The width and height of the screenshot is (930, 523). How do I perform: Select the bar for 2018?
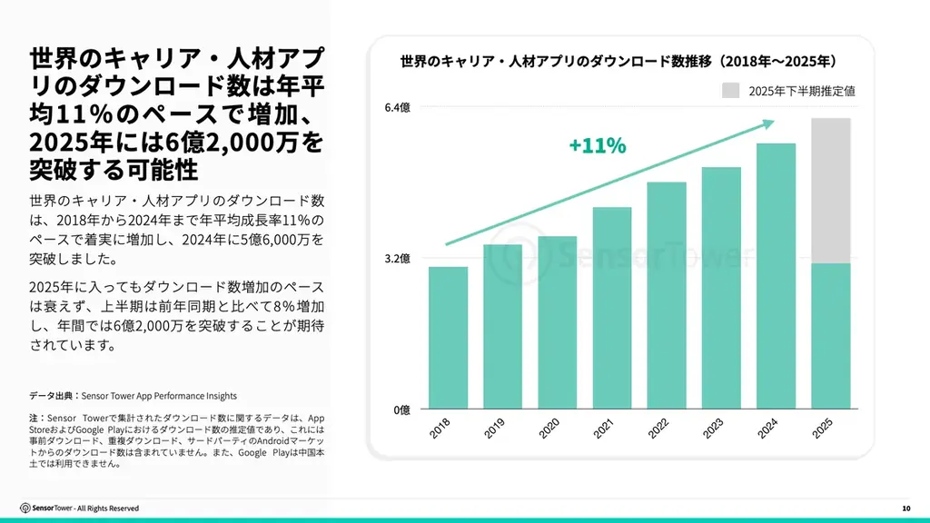pos(449,337)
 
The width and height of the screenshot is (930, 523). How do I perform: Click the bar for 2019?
pos(503,326)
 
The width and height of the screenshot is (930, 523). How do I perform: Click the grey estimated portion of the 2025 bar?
pos(830,191)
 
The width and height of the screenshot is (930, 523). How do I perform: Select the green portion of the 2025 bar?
pos(830,335)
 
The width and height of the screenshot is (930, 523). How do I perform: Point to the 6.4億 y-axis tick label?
pos(398,108)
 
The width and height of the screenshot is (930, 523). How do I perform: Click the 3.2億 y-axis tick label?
pos(398,259)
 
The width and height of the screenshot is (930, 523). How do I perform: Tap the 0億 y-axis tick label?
pos(401,410)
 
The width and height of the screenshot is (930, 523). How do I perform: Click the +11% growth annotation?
pos(597,145)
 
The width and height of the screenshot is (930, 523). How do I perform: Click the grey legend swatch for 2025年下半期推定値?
pos(732,90)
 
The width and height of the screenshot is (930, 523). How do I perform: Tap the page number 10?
pos(905,508)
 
